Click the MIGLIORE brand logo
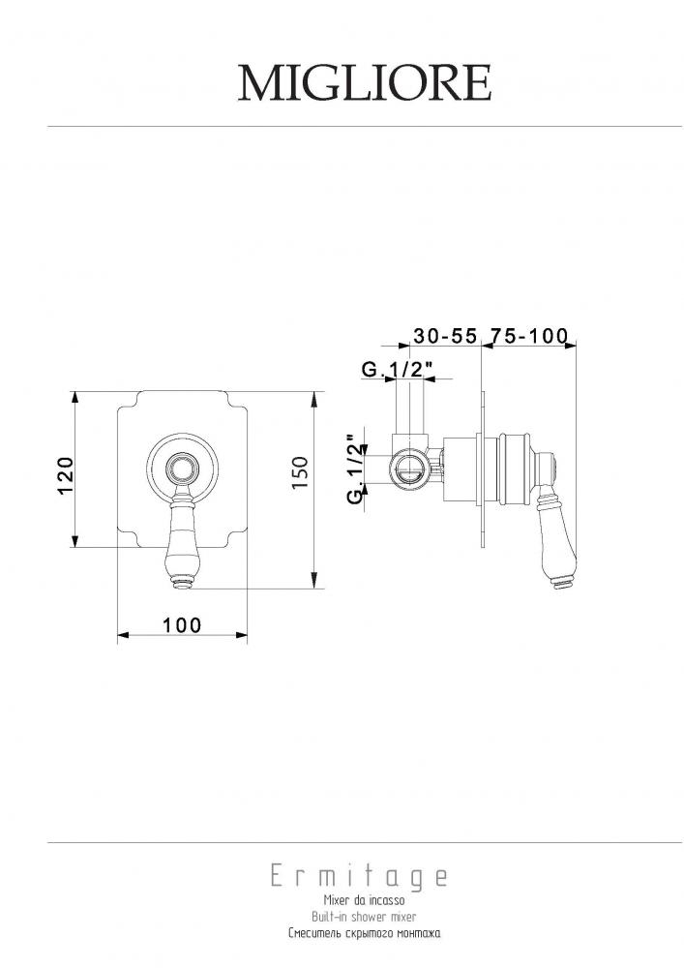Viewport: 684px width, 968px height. (365, 82)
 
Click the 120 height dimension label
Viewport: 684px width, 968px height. (66, 475)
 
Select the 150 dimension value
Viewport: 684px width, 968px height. (299, 473)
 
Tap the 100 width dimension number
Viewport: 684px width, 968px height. (182, 625)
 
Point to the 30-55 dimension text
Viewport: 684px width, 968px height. (445, 336)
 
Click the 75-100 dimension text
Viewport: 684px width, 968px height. (528, 336)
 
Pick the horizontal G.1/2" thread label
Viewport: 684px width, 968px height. (398, 369)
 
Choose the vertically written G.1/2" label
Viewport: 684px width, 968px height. (353, 469)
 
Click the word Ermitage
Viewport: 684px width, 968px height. (359, 877)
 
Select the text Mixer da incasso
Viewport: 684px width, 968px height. (365, 900)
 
